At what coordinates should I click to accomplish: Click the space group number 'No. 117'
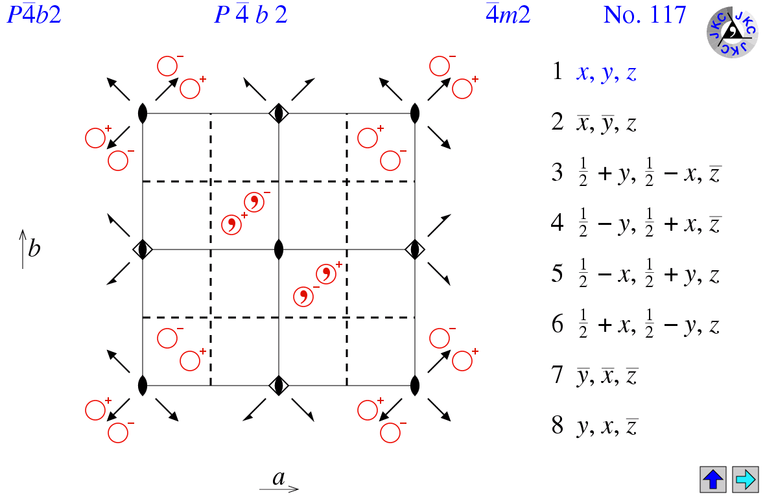(644, 15)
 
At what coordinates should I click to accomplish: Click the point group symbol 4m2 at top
(508, 15)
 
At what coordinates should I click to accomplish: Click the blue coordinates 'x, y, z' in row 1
(606, 73)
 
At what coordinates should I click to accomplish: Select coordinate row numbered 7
(595, 377)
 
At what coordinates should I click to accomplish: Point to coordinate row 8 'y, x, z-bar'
(595, 427)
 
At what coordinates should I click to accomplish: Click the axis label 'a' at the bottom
(279, 478)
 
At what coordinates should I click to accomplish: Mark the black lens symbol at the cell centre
(279, 249)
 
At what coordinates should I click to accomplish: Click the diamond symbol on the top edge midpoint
(279, 113)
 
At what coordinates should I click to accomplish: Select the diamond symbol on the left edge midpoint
(143, 249)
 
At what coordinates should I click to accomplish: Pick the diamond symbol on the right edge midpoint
(415, 249)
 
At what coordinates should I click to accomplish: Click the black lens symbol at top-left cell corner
(143, 113)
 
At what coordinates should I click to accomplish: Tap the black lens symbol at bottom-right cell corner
(415, 385)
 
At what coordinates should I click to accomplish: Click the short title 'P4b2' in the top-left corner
(34, 15)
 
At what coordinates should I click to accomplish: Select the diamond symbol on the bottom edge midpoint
(279, 385)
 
